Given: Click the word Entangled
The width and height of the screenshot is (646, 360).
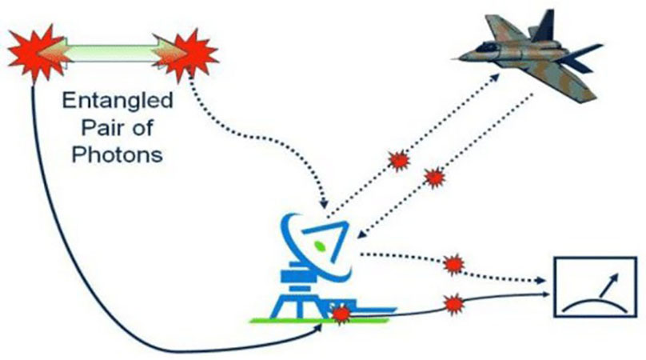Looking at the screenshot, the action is click(118, 101).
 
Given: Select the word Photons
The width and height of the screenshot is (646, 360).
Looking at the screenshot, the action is click(117, 154).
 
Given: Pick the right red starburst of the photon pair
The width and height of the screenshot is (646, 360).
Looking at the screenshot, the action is click(186, 55).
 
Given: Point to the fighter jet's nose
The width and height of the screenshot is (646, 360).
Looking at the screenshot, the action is click(454, 59).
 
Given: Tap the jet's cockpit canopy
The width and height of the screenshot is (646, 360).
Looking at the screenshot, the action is click(489, 46).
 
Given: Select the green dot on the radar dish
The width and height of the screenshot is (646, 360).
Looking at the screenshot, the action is click(320, 246).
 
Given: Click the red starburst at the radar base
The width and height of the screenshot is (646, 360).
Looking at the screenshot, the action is click(341, 314).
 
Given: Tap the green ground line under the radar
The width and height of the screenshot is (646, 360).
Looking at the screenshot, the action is click(319, 320).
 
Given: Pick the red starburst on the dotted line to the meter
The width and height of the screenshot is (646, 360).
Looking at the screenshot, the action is click(453, 264).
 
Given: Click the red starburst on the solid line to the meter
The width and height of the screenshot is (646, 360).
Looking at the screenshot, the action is click(453, 304).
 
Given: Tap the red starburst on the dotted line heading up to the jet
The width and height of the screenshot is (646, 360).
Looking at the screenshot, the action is click(399, 161).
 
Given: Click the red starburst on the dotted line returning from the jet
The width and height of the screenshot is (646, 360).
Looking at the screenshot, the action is click(435, 178).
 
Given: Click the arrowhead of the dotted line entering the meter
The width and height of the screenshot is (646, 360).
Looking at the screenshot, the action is click(541, 281).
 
